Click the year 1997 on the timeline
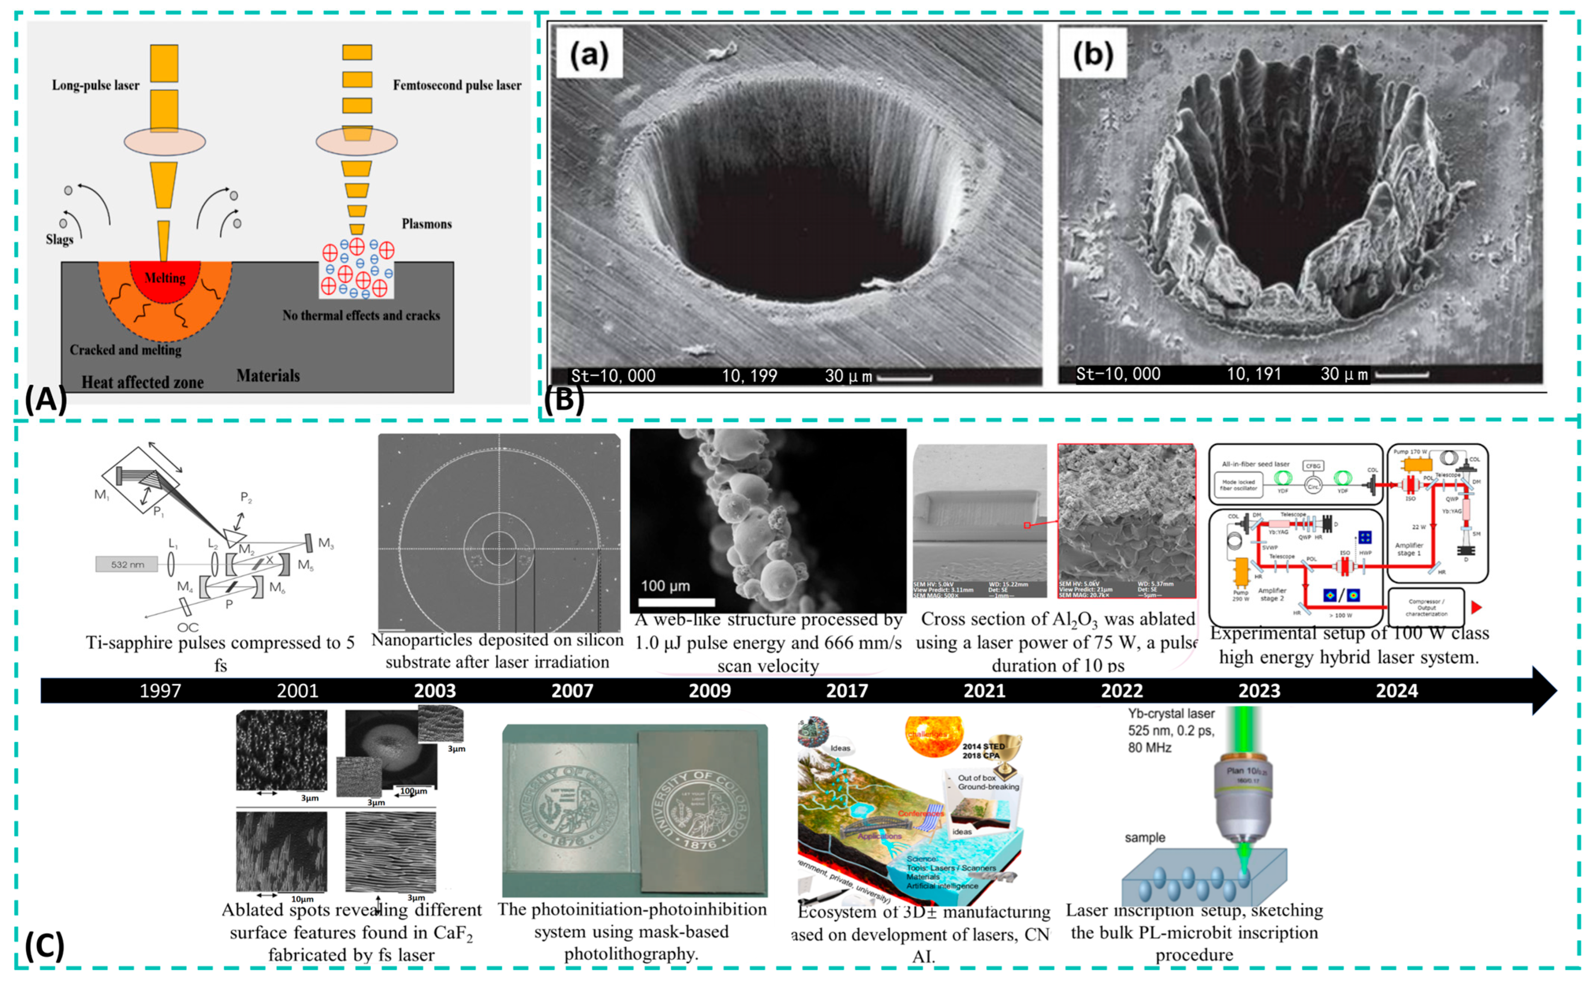(160, 690)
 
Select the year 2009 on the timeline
(709, 690)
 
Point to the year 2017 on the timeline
(847, 690)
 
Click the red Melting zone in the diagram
(165, 279)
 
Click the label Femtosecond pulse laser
(457, 85)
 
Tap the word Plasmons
(426, 224)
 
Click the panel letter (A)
(46, 399)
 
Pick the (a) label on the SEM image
(589, 55)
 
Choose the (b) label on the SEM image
(1093, 55)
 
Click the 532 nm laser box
(127, 564)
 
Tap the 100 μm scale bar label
(666, 586)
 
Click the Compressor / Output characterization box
(1426, 608)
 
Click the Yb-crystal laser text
(1171, 714)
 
